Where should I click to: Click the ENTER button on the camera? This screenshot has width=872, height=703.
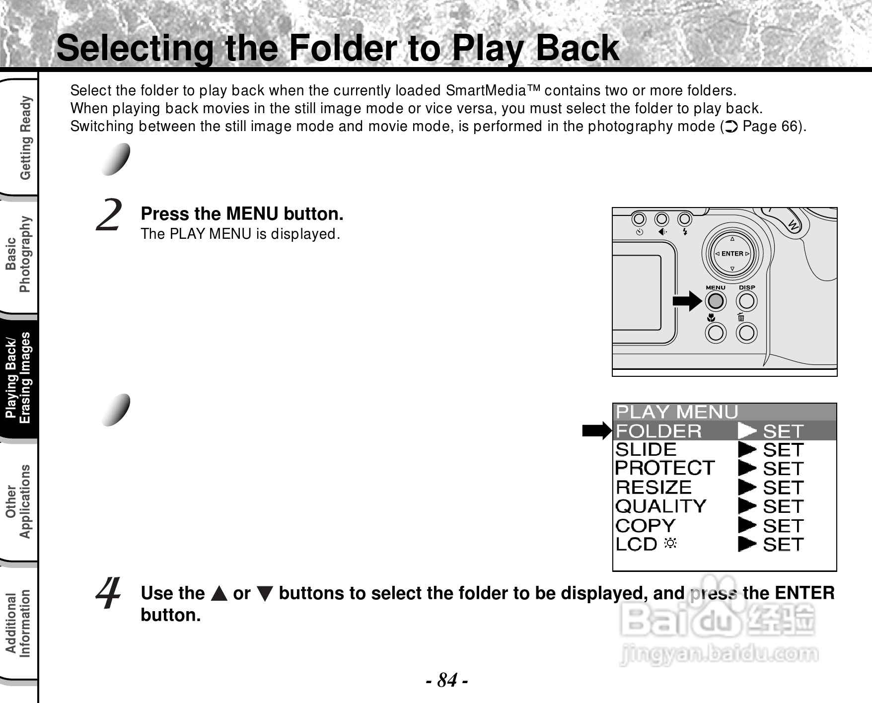[732, 254]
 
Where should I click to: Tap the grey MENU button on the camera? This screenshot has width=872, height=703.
[715, 301]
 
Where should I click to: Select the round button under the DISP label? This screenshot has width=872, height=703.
[746, 301]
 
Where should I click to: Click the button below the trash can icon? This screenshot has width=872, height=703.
[746, 333]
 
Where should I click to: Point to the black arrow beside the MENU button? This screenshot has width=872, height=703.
[687, 301]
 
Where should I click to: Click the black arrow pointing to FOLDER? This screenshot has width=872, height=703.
[597, 431]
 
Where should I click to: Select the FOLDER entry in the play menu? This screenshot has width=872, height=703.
[659, 431]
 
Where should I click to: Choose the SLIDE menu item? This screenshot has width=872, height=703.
[646, 450]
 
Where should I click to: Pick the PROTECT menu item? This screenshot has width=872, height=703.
[665, 468]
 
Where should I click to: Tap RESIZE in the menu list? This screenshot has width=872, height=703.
[654, 487]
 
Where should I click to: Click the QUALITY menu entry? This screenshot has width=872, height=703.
[661, 506]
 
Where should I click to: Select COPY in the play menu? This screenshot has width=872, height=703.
[646, 525]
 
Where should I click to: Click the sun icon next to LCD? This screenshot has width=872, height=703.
[670, 543]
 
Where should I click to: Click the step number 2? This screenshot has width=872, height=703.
[109, 215]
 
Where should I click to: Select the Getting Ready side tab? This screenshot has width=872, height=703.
[25, 138]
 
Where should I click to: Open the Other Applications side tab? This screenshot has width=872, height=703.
[18, 501]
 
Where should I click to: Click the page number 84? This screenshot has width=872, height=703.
[447, 680]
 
